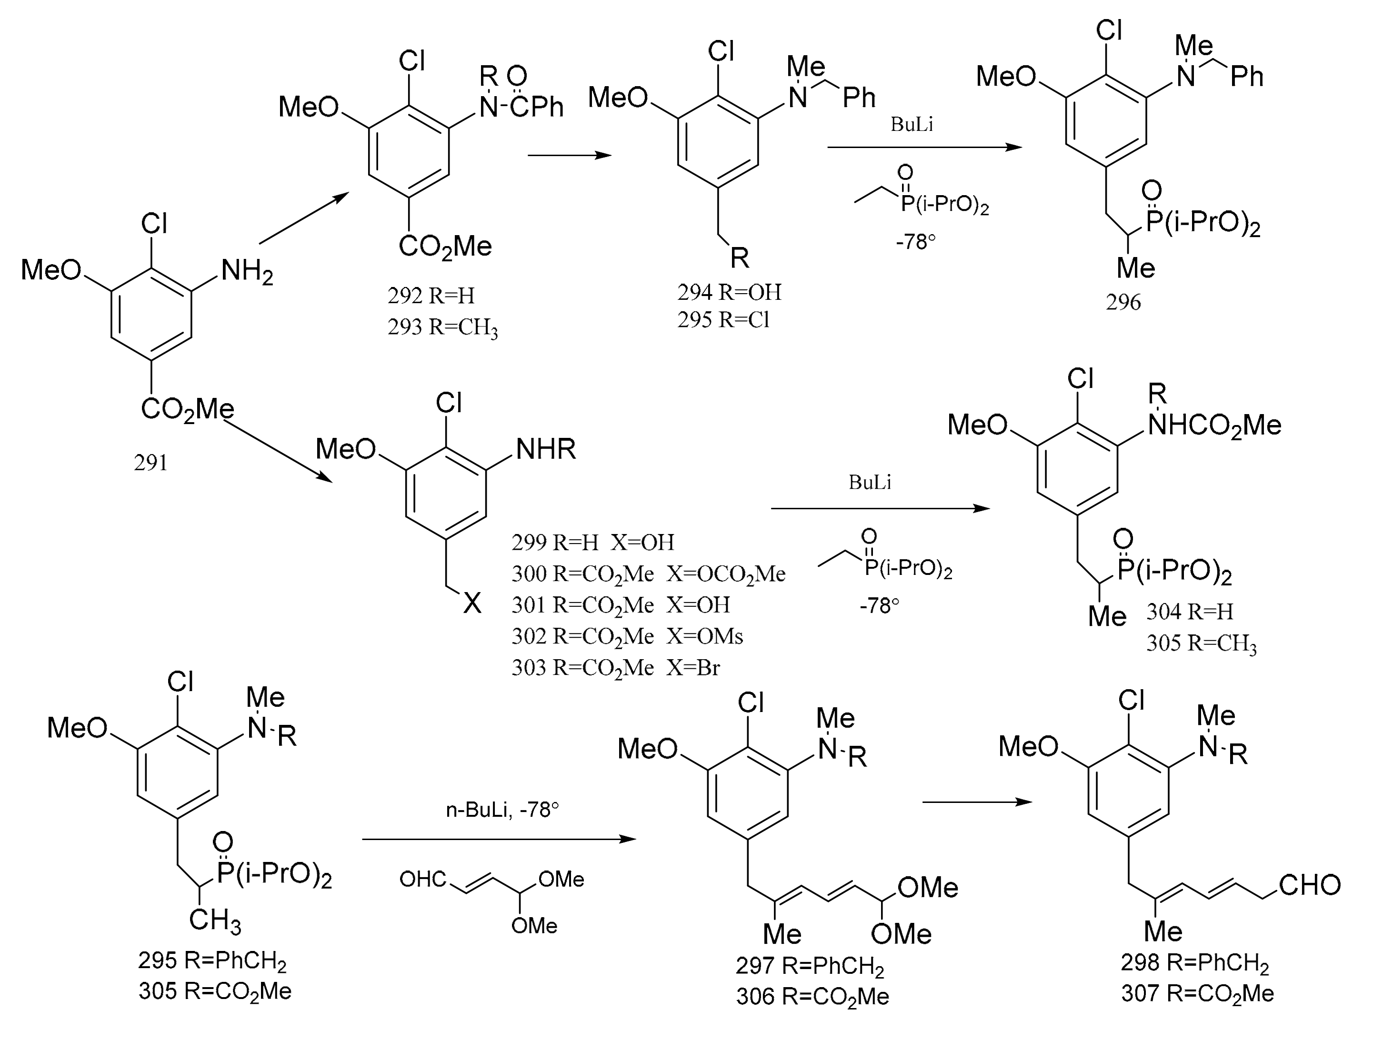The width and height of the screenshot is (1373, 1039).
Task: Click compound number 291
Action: [x=151, y=463]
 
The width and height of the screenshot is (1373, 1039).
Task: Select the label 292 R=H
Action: [x=431, y=296]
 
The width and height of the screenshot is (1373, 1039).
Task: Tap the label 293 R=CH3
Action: [x=442, y=327]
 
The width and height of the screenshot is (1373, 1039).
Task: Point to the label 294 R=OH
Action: [x=729, y=292]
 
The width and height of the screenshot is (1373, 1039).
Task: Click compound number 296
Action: [x=1123, y=302]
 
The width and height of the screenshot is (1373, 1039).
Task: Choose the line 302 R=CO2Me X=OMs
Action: [x=627, y=636]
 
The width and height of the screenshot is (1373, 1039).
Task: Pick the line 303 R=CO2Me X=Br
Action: [x=615, y=668]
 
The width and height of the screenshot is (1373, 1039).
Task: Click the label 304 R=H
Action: [x=1189, y=612]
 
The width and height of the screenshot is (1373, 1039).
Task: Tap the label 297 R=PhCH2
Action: [x=810, y=966]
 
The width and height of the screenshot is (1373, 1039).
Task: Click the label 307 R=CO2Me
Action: [x=1197, y=994]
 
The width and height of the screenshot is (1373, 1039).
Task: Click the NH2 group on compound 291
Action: [x=247, y=272]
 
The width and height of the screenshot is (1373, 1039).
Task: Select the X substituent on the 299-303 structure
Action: [x=472, y=602]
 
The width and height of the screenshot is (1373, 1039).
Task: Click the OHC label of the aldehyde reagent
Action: [x=423, y=879]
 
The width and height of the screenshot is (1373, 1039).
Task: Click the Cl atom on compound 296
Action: [x=1109, y=30]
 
